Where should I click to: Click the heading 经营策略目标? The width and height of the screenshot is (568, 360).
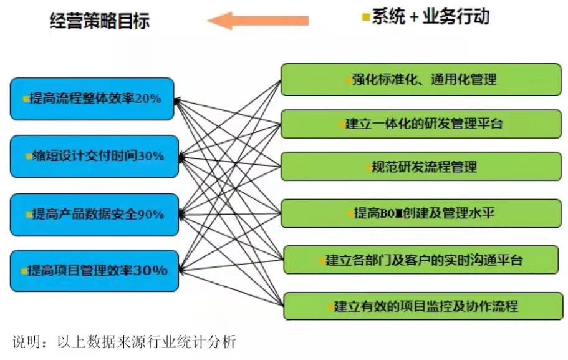tap(100, 21)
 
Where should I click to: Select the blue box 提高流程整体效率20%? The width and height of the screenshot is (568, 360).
tap(92, 99)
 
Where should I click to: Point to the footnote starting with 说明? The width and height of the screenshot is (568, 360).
tap(125, 341)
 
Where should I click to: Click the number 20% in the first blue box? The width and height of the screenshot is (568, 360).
tap(148, 99)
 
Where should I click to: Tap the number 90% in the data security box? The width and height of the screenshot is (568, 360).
tap(150, 215)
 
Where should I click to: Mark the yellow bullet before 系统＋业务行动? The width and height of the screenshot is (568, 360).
tap(366, 17)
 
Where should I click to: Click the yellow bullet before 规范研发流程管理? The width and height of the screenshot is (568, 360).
tap(367, 167)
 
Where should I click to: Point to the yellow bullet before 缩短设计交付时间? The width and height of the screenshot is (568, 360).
tap(28, 157)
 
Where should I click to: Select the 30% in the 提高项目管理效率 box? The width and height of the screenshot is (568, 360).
tap(151, 271)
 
